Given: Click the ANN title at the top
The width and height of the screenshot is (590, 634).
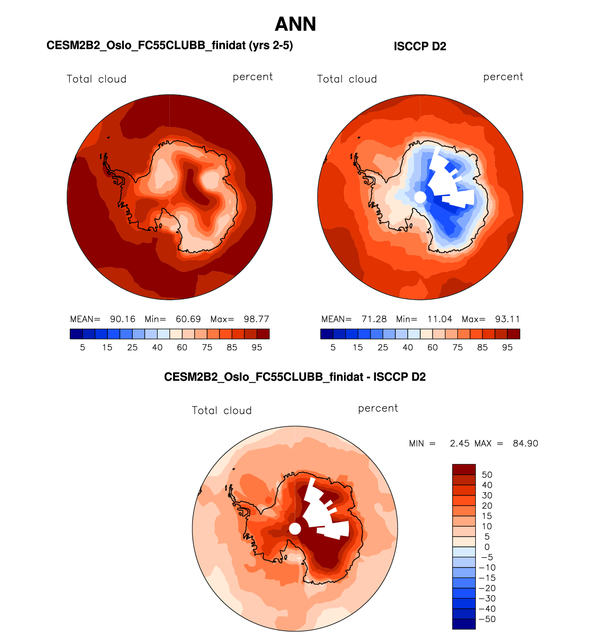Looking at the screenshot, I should coord(295,24).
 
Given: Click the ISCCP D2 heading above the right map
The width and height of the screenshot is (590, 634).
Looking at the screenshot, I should coord(420,46).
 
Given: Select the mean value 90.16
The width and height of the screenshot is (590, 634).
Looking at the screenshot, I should coord(123,319).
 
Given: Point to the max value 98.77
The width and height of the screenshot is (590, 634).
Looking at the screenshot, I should coord(256,319).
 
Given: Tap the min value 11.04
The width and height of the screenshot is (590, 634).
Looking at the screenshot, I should coord(439,319).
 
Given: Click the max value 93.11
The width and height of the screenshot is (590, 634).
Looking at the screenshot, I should coord(507,319).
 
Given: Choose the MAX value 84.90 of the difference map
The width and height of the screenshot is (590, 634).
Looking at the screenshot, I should coord(525,444).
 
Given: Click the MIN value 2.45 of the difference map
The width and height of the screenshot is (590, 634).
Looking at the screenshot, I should coord(460,444).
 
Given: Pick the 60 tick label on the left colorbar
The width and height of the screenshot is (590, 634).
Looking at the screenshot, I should coord(182,348).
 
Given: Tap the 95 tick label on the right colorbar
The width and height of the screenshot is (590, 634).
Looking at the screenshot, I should coord(507,348).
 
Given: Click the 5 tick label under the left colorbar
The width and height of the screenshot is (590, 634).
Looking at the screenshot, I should coord(83,348).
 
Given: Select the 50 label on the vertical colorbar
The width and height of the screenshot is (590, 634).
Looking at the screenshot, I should coord(487,475).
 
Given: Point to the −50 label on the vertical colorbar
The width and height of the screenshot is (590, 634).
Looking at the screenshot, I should coord(487,619).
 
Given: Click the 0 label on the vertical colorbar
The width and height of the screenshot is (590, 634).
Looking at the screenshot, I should coord(487,547).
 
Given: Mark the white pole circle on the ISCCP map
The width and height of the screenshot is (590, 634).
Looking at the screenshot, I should coord(420,197).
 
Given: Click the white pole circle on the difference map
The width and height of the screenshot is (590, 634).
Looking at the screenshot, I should coord(295,529).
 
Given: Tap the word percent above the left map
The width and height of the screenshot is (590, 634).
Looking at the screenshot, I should coord(253,77).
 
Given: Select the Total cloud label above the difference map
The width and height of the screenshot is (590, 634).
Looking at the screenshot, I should coord(222,411).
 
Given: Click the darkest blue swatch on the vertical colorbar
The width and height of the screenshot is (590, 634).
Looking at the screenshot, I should coord(464,624).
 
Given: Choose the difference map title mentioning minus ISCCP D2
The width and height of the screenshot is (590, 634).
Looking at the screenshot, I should coord(295,377).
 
